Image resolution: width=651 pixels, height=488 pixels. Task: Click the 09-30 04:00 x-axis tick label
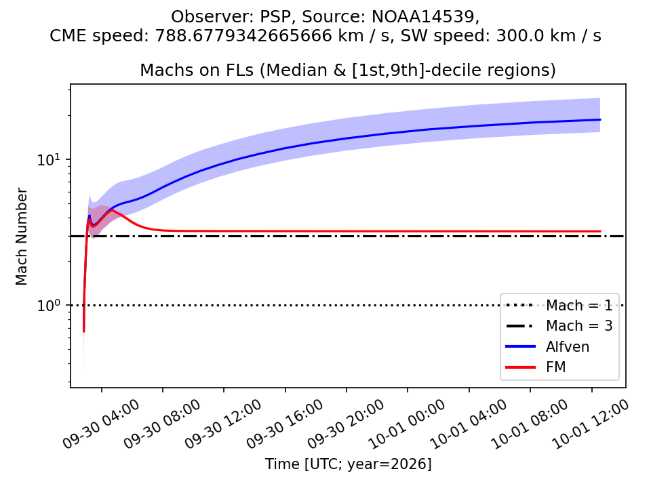pos(101,424)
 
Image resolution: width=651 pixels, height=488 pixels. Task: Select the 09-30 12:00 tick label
pos(223,424)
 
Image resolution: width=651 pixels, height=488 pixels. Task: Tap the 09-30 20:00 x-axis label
pos(345,424)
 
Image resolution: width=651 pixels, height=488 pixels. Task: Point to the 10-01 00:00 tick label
pos(407,424)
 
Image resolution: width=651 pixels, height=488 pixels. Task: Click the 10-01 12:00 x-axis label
pos(591,424)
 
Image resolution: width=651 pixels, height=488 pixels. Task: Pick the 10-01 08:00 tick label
pos(530,424)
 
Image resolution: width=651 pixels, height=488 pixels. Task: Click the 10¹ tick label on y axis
pos(49,159)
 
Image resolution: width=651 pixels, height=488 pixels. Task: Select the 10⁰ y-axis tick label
pos(49,305)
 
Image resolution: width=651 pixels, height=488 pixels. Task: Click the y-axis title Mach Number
pos(21,237)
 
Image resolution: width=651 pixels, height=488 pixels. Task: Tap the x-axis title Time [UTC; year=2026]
pos(349,464)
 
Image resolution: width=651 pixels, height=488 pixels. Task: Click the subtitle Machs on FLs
pos(197,70)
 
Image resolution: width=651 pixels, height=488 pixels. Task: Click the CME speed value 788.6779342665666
pos(243,36)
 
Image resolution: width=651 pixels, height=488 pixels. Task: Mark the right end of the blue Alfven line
pos(600,119)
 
